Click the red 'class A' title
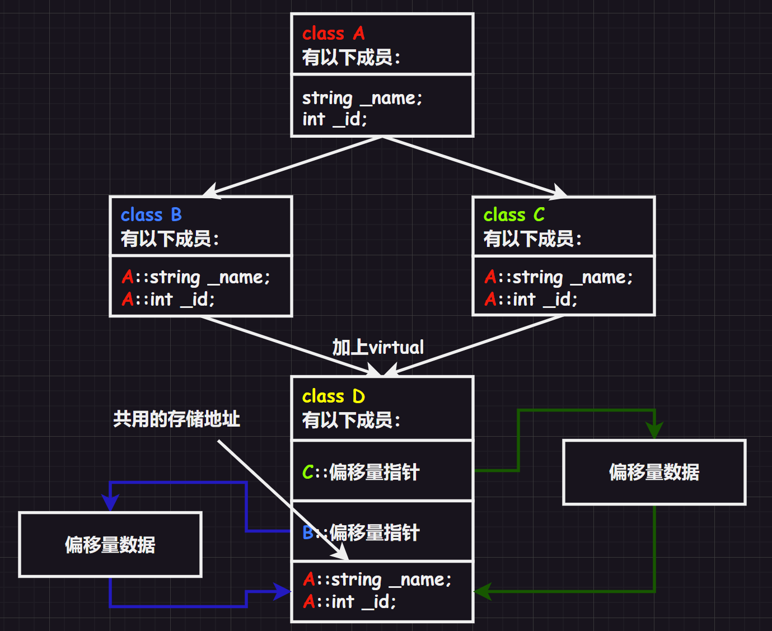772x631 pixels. click(334, 34)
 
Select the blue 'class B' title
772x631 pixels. click(151, 215)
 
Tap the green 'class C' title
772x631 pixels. click(514, 215)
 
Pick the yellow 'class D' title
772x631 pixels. click(334, 396)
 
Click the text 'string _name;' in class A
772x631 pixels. click(362, 98)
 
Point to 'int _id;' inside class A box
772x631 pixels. click(335, 119)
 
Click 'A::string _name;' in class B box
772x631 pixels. click(196, 277)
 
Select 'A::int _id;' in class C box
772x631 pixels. click(531, 300)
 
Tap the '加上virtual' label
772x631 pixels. click(378, 347)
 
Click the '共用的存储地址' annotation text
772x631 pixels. click(176, 419)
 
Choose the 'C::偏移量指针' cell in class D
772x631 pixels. click(361, 472)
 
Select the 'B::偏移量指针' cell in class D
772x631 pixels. click(361, 532)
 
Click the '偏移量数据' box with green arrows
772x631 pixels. click(654, 472)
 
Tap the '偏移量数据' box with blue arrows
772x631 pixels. click(110, 544)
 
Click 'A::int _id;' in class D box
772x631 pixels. click(349, 602)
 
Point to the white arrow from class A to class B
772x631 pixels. click(291, 166)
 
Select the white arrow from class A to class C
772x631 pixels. click(474, 166)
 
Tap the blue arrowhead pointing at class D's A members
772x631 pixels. click(282, 591)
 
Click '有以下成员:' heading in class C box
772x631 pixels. click(532, 239)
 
